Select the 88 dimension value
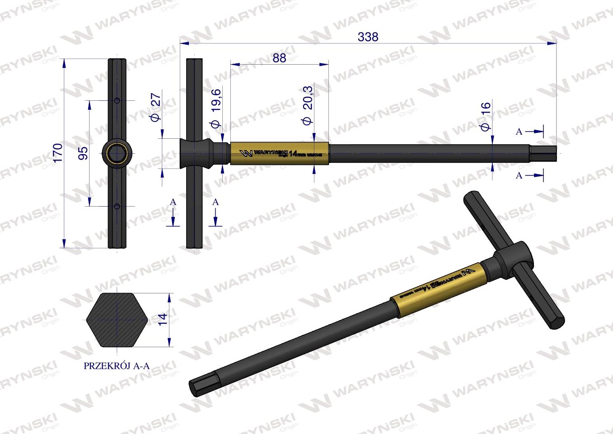(x=279, y=58)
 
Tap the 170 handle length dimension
(x=57, y=153)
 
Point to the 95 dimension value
(x=82, y=153)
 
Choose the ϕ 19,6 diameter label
(x=215, y=108)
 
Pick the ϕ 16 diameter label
(x=486, y=117)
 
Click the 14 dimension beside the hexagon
(x=163, y=319)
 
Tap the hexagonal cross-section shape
(x=117, y=319)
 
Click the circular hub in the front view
(x=117, y=153)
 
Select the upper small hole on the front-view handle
(x=117, y=100)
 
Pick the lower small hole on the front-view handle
(x=117, y=206)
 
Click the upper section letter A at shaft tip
(x=519, y=131)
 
